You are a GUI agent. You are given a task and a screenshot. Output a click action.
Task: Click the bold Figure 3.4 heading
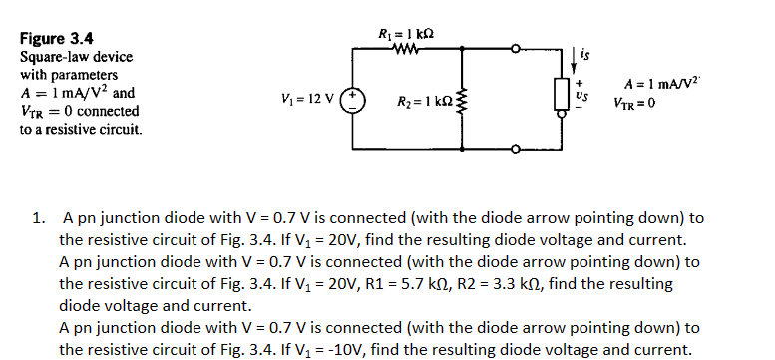coord(57,39)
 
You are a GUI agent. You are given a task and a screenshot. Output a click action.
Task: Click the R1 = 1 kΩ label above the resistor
coord(407,32)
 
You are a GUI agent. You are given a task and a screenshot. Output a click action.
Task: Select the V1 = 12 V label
coord(312,100)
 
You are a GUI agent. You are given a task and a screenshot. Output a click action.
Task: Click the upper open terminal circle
coord(515,48)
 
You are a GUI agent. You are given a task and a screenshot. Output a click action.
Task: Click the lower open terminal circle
coord(515,150)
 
